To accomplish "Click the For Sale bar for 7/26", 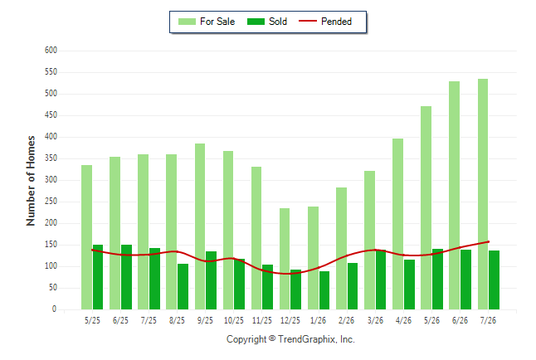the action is [483, 194].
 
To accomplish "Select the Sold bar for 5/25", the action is [98, 277].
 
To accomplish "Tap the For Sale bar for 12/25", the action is [285, 259].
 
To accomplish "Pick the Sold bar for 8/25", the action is [183, 286].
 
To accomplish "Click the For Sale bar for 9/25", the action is [200, 226].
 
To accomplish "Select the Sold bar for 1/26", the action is [324, 290].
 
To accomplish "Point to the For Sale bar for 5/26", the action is [426, 208].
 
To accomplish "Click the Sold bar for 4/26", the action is [410, 285].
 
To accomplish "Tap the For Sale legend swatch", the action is [187, 22].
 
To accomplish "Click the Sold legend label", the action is [278, 22].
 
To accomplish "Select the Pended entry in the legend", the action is [325, 22].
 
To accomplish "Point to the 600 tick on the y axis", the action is [51, 51].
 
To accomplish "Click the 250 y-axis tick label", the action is [51, 202].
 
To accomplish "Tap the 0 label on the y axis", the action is [54, 309].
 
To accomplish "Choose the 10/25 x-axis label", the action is [234, 320].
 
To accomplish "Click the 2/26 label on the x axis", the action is [346, 320].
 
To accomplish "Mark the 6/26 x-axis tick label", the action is [460, 320].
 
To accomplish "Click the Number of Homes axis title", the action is [31, 181].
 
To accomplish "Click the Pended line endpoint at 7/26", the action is [489, 241].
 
